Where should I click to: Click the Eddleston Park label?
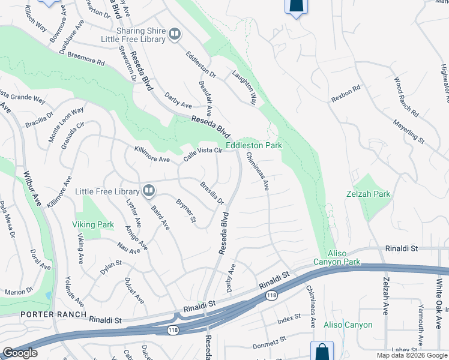(x=253, y=145)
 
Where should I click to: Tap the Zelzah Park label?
(x=368, y=194)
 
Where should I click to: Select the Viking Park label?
(x=93, y=225)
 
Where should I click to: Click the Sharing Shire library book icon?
(x=174, y=34)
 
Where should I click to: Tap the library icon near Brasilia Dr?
(x=149, y=191)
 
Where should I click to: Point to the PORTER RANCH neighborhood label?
(x=46, y=315)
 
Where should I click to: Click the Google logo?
(x=20, y=353)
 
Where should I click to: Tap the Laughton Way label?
(x=245, y=88)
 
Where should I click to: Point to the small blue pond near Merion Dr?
(x=49, y=295)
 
